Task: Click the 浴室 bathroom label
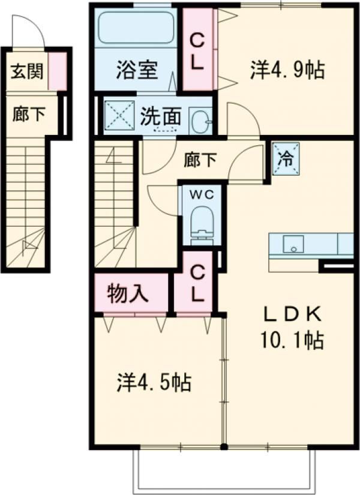pyautogui.click(x=136, y=70)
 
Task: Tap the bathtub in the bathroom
pyautogui.click(x=136, y=30)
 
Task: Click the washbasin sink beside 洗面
pyautogui.click(x=200, y=120)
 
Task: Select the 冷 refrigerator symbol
pyautogui.click(x=286, y=160)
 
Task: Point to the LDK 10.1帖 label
pyautogui.click(x=293, y=329)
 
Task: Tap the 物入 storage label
pyautogui.click(x=128, y=295)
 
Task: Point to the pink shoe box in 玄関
pyautogui.click(x=58, y=71)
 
